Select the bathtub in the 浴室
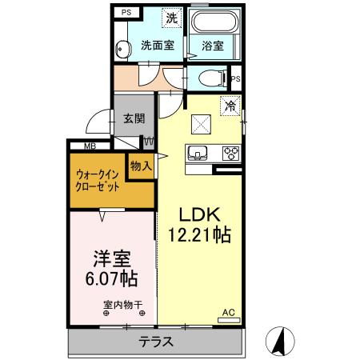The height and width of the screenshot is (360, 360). [212, 25]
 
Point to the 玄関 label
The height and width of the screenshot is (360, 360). [134, 118]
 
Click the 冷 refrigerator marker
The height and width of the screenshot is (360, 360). [230, 104]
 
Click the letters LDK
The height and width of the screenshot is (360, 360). [198, 214]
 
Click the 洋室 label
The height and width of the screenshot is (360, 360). [111, 258]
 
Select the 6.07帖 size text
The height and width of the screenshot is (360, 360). [111, 279]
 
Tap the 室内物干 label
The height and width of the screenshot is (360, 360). [122, 304]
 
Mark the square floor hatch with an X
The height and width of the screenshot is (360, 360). [201, 124]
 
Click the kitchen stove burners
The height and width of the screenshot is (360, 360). [230, 152]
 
